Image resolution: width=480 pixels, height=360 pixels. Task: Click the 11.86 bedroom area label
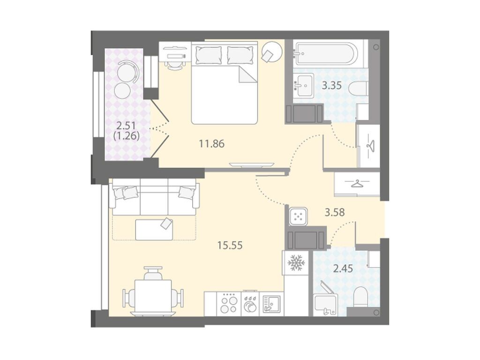(211, 143)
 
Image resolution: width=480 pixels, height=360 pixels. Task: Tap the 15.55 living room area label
(230, 245)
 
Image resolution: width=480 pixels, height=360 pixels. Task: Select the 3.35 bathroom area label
(331, 85)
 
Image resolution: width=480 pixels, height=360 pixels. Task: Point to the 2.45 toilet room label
(343, 269)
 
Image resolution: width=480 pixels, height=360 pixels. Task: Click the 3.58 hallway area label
(335, 212)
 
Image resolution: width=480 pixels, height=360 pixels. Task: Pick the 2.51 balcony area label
(127, 125)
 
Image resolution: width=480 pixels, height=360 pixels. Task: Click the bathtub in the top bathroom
(325, 54)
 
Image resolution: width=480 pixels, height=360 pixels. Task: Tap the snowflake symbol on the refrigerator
(296, 262)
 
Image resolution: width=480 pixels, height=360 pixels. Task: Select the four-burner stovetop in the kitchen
(229, 304)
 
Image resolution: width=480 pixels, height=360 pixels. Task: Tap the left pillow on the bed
(208, 55)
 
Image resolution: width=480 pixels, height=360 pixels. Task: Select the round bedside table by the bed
(271, 52)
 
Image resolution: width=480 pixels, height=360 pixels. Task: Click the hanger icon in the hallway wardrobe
(357, 184)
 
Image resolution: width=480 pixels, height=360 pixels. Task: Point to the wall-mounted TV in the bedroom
(251, 165)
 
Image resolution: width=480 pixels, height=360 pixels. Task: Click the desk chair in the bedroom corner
(174, 65)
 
